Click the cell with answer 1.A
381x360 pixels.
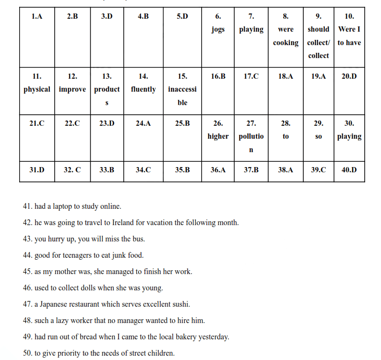37,16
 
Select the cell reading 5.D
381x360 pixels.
182,16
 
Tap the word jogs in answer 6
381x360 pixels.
218,29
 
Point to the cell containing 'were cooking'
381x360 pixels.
286,36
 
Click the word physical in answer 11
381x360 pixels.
37,89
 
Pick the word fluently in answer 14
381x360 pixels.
143,89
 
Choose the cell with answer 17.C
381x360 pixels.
251,76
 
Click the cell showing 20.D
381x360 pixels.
349,76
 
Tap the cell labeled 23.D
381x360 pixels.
107,123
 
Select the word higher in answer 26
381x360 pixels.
218,136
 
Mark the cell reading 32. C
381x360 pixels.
72,169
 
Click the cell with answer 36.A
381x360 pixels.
218,169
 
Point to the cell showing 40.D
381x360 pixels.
349,169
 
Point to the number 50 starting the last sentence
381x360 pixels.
27,353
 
